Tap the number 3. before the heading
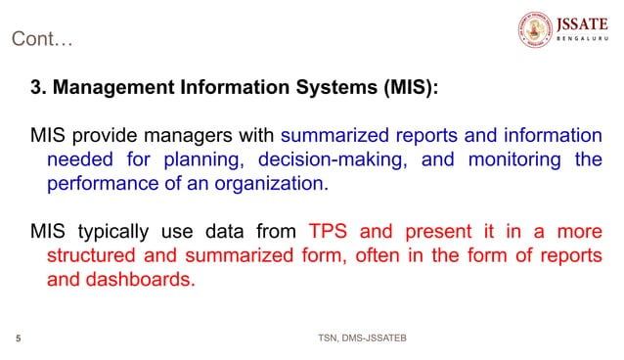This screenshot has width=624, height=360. pos(37,88)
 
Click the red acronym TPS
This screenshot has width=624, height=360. pos(328,232)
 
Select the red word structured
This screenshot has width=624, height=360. pos(93,255)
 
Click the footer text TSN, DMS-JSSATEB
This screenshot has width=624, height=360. pos(362,338)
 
